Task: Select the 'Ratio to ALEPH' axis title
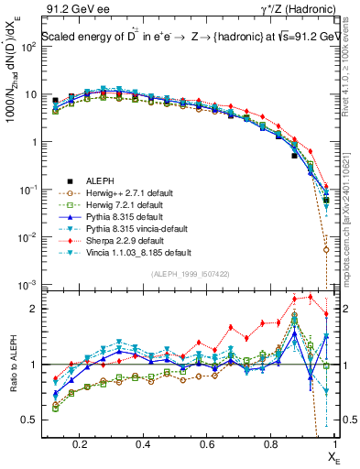click(14, 365)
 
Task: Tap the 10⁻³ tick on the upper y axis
click(31, 285)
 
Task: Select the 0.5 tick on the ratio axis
click(30, 420)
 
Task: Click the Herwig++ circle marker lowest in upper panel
click(326, 249)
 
